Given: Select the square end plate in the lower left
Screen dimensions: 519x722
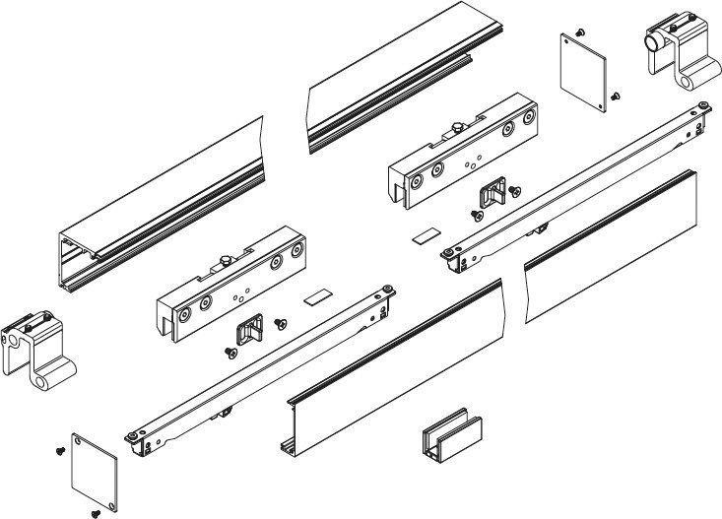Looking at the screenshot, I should click(x=95, y=470).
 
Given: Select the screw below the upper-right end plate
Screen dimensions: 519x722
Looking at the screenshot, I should click(x=615, y=97).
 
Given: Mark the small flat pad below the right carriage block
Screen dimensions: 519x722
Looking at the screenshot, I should click(x=426, y=236).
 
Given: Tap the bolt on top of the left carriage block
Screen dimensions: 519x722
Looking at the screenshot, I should click(x=225, y=263).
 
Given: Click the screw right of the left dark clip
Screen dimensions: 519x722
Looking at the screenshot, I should click(x=281, y=322).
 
